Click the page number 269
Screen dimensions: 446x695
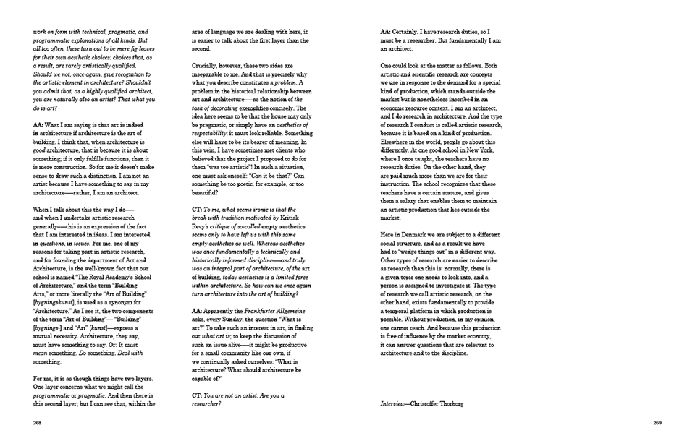[657, 423]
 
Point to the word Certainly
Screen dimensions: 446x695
[410, 31]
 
